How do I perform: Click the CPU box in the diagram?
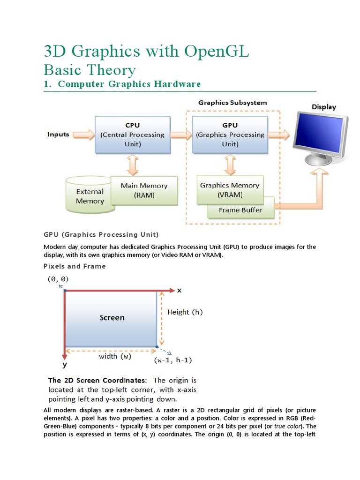click(132, 135)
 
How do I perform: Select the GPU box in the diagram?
click(230, 135)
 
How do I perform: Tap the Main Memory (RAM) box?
click(144, 190)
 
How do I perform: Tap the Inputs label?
click(58, 135)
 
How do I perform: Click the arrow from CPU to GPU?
click(181, 135)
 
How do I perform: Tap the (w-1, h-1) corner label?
click(172, 360)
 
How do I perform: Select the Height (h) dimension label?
click(185, 312)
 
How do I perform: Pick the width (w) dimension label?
click(115, 356)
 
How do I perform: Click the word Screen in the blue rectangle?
click(112, 318)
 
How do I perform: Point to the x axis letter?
click(179, 290)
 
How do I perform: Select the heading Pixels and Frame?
click(75, 266)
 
